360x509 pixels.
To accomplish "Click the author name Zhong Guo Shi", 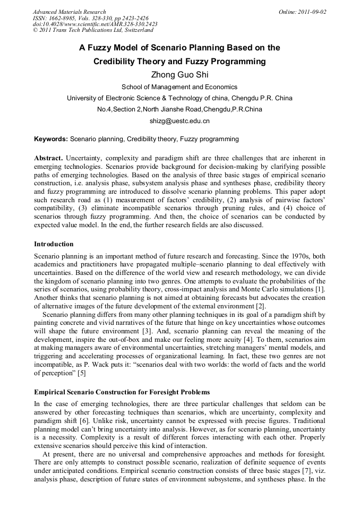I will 179,74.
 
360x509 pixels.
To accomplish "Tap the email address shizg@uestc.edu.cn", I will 179,121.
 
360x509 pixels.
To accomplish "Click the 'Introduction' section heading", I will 54,244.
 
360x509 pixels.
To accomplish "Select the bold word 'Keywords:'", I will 51,139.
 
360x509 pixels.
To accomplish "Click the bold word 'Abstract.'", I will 49,158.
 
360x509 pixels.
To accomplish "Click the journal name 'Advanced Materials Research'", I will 69,12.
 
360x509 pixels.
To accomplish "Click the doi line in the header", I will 95,24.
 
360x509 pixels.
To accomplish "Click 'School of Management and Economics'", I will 179,87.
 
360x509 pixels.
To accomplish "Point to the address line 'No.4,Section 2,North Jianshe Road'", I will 179,109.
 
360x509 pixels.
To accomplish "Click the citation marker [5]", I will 81,373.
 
